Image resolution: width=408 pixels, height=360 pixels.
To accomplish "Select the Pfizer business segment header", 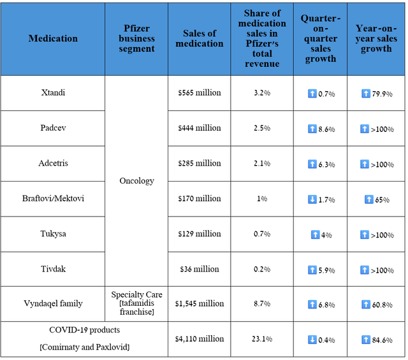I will (x=137, y=39).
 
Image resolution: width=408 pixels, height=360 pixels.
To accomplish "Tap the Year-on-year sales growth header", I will (x=376, y=39).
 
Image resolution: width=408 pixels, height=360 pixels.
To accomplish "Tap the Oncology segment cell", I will (x=137, y=181).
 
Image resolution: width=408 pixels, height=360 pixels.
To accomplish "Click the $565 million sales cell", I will (x=200, y=93).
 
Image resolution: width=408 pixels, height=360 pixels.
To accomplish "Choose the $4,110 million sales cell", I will (x=200, y=340).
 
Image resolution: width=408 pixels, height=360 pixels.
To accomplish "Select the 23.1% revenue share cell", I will (x=262, y=340).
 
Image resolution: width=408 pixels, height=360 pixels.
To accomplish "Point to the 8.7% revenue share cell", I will (x=262, y=304).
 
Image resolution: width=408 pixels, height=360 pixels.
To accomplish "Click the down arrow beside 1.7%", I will (x=312, y=199).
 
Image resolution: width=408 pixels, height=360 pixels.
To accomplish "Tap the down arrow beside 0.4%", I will (x=312, y=340).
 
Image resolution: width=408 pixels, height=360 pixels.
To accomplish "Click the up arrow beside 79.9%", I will (x=366, y=94).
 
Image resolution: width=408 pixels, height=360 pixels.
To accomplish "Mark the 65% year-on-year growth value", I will (x=382, y=199).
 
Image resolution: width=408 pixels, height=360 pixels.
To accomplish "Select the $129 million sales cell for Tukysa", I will (x=200, y=234).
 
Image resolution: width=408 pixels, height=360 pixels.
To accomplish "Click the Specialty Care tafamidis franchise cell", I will (x=137, y=303).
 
